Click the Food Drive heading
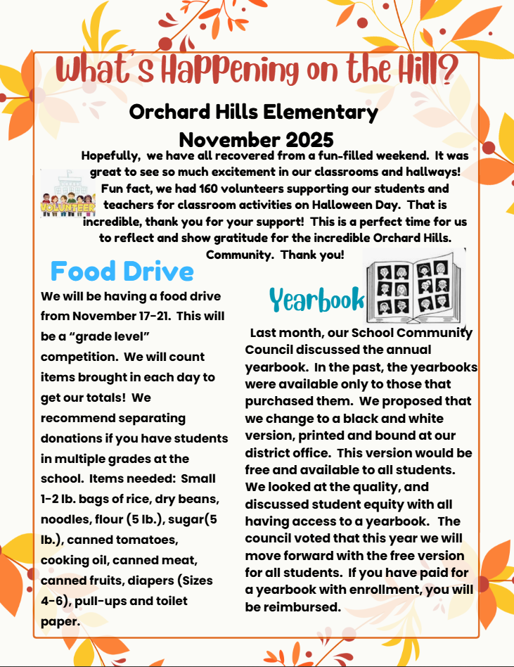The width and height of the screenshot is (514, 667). point(122,271)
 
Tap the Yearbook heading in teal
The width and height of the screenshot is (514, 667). point(317,299)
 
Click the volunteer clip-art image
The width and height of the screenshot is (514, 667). point(68,198)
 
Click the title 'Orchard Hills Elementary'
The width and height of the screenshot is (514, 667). point(254,111)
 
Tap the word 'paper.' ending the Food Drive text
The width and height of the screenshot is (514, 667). point(61,622)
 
